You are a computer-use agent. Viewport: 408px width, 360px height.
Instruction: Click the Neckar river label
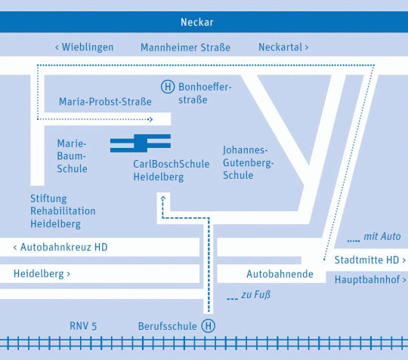(197, 22)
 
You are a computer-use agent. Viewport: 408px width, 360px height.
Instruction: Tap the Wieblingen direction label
(84, 48)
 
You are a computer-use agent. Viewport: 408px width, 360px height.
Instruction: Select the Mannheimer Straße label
(186, 48)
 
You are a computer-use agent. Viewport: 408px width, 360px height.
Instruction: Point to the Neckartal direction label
(283, 48)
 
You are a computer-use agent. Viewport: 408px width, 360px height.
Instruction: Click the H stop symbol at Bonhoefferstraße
(168, 87)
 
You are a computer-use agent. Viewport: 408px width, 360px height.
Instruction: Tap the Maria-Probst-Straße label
(105, 102)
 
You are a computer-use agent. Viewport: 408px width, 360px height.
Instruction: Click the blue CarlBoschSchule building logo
(141, 143)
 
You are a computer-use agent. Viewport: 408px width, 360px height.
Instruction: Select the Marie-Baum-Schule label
(72, 156)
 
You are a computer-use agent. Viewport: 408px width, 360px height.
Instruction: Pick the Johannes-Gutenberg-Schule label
(249, 162)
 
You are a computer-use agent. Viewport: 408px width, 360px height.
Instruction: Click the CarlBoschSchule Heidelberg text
(172, 171)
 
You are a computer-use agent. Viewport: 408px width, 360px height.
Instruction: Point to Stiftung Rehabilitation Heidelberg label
(63, 211)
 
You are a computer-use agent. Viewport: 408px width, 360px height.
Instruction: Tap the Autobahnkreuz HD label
(60, 247)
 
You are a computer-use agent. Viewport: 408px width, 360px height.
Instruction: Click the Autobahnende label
(280, 274)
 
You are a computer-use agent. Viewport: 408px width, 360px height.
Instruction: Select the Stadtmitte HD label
(370, 260)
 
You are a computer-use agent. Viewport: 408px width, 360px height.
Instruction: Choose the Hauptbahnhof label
(370, 280)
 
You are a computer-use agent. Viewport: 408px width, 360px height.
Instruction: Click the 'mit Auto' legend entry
(374, 236)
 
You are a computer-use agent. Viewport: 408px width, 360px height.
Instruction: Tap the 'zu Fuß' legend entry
(249, 295)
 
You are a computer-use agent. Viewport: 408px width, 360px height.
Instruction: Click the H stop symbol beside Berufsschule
(209, 326)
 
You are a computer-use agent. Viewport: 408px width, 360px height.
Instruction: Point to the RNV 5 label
(83, 326)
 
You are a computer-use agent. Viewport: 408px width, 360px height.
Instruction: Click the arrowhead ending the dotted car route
(150, 119)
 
